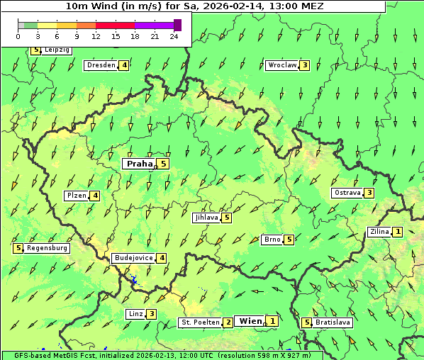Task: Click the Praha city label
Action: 140,164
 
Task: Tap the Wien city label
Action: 250,321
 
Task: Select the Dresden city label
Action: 101,65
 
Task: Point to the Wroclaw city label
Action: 282,65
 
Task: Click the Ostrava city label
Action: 347,193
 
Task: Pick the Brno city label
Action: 272,240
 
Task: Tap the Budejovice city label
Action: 133,258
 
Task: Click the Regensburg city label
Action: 47,248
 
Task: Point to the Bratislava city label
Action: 333,322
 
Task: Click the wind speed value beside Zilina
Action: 398,232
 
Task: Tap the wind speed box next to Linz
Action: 151,314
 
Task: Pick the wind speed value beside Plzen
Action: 95,196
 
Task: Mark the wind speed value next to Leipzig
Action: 35,50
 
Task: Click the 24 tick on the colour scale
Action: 174,36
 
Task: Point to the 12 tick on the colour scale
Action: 96,36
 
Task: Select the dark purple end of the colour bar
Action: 177,25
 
